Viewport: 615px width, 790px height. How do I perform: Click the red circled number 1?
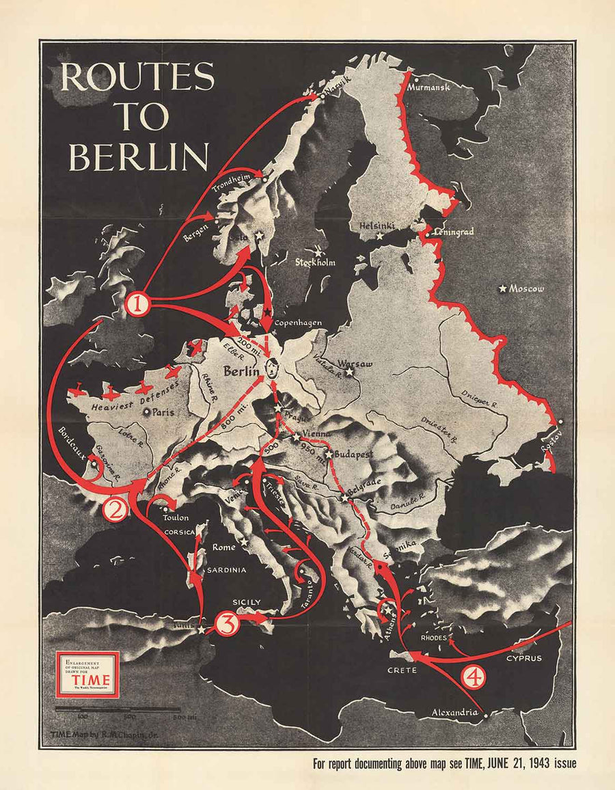click(138, 303)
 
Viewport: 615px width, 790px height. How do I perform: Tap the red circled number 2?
click(114, 509)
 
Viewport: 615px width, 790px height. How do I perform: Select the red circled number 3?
click(226, 623)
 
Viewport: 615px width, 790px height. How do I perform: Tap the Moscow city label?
click(527, 289)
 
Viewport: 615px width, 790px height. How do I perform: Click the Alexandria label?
click(454, 713)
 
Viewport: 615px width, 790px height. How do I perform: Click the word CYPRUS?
click(524, 659)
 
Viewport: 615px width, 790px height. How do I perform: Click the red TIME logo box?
click(87, 674)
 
